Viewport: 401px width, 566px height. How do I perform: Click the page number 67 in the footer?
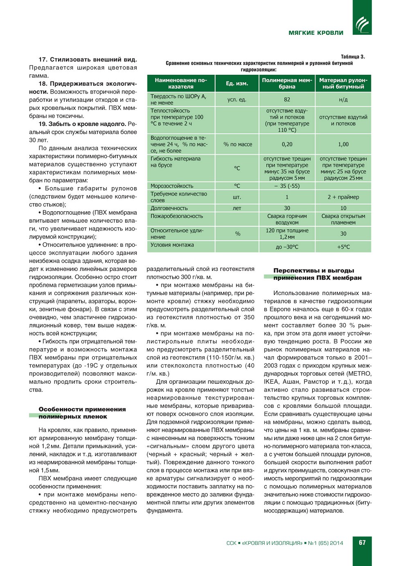(x=362, y=543)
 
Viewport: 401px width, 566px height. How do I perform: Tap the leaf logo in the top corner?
(x=362, y=25)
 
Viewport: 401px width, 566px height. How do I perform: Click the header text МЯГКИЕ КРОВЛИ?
(x=316, y=33)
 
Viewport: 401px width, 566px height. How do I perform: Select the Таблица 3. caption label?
(x=353, y=57)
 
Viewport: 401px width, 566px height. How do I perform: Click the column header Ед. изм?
(x=237, y=83)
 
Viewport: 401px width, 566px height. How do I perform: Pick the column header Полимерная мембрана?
(x=287, y=83)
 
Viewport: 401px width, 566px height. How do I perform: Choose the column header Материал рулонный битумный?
(x=343, y=83)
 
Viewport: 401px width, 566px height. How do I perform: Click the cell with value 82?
(x=287, y=100)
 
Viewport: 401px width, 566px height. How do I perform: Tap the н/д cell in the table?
(x=343, y=100)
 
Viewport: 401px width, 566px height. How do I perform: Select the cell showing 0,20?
(x=287, y=144)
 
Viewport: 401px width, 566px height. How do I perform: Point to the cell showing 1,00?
(x=343, y=144)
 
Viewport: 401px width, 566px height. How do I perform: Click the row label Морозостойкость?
(x=172, y=186)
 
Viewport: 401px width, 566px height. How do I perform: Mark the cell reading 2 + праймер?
(x=343, y=197)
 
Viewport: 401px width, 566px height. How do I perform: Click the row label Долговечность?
(x=169, y=208)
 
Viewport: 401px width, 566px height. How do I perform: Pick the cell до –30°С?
(x=287, y=247)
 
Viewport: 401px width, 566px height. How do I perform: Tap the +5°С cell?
(x=343, y=247)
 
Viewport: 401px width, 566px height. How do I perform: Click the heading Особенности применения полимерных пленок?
(x=82, y=413)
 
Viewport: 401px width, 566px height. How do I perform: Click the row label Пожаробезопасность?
(x=177, y=216)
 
